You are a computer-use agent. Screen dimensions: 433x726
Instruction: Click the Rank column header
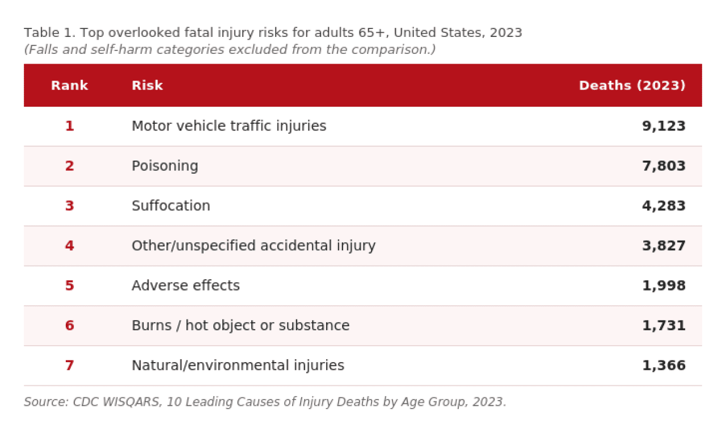69,86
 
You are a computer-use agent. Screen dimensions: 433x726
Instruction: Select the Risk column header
147,86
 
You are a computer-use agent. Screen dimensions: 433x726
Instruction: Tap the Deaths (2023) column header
632,86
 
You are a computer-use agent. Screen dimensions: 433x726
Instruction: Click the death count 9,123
664,126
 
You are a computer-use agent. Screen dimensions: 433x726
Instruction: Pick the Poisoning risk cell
164,166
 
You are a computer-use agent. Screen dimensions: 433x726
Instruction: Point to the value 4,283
664,206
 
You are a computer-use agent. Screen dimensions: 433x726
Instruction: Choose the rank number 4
69,246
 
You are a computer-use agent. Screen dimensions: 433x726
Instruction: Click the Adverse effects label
185,285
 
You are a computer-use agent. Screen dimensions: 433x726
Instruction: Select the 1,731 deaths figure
664,326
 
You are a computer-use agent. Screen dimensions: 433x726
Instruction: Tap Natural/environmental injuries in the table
238,365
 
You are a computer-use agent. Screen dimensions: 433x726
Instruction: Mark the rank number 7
69,365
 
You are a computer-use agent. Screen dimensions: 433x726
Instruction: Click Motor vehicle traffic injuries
229,126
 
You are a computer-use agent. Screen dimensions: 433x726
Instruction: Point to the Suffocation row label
171,206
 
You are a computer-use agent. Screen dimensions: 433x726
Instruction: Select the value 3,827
664,246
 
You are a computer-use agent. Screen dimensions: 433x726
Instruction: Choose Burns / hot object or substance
240,326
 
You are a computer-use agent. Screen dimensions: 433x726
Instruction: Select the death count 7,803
664,166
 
